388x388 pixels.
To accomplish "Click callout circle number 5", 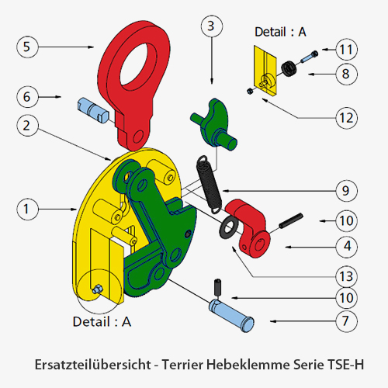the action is [27, 47].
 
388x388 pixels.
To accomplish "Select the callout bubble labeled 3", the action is [212, 26].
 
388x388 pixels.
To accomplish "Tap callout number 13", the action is [346, 276].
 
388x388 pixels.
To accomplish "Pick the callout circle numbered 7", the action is [346, 321].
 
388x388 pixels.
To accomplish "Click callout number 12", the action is [346, 118].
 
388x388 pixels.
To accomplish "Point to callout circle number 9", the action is [346, 191].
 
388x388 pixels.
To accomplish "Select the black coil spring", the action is [209, 185].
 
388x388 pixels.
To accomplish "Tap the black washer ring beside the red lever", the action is [229, 228].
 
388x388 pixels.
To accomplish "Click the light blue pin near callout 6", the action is [93, 111].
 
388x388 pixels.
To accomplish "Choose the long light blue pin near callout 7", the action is [231, 316].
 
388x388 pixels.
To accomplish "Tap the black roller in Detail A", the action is [289, 69].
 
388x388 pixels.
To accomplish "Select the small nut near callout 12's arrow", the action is [250, 91].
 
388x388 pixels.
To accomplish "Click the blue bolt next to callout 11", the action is [309, 57].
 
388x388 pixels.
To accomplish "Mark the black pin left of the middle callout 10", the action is [291, 220].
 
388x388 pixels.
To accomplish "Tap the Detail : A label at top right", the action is [280, 32].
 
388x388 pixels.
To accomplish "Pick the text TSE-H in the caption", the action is [345, 365].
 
